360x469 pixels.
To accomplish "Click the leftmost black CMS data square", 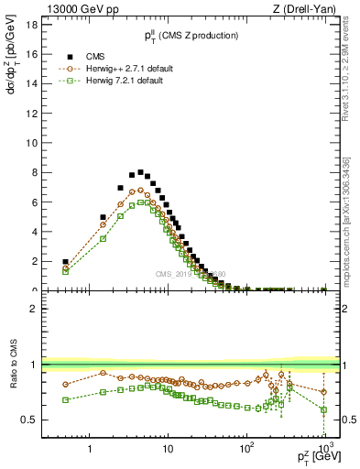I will tap(65, 262).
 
